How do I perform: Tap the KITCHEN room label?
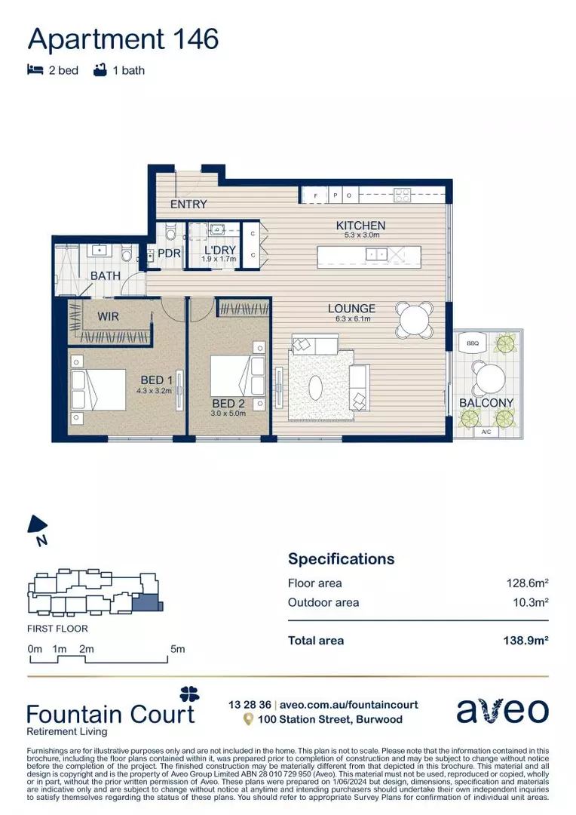[x=360, y=226]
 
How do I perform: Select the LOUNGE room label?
[x=351, y=309]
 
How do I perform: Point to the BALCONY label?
[x=486, y=403]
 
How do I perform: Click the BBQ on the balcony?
[x=473, y=343]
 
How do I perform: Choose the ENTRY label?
[x=188, y=205]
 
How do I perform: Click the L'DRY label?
[x=219, y=251]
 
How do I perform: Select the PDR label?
[x=169, y=254]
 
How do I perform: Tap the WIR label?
[x=109, y=317]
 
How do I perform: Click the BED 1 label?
[x=157, y=380]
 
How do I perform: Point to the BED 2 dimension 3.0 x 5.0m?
[x=228, y=414]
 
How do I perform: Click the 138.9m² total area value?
[x=525, y=641]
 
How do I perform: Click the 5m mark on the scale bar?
[x=177, y=649]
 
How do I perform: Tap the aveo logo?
[x=503, y=711]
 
